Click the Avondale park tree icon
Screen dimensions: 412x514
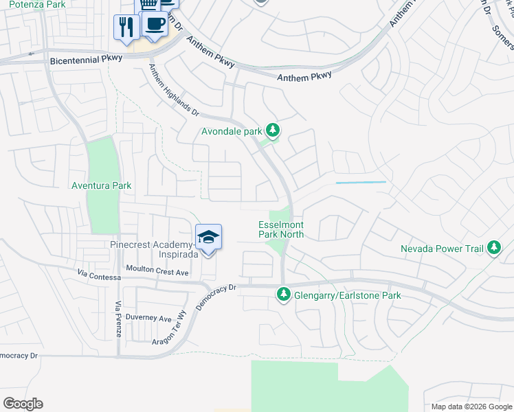point(273,130)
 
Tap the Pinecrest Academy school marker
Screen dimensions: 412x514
point(208,238)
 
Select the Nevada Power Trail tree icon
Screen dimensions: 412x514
point(494,249)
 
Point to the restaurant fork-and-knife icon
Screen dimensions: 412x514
point(126,27)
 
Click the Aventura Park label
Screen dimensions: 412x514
point(101,185)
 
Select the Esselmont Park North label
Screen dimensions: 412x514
point(281,229)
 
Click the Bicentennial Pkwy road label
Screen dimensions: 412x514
point(86,60)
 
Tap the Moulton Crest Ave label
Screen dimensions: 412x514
point(157,272)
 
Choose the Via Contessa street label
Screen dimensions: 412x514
point(100,277)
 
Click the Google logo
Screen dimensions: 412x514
point(23,404)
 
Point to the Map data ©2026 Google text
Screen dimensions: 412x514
point(471,407)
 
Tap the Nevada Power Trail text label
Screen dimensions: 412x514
point(443,249)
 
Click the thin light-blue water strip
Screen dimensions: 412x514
point(360,182)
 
